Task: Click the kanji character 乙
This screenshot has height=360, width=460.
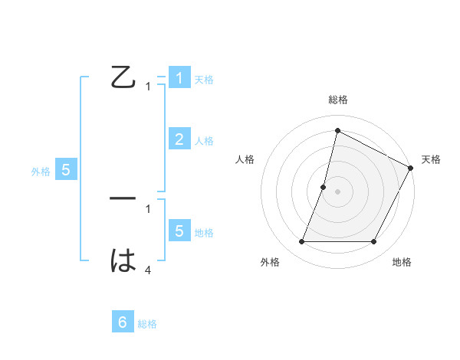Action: click(x=123, y=78)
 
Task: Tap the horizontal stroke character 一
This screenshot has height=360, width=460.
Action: click(x=123, y=199)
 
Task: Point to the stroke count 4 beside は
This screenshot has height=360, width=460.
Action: click(x=148, y=270)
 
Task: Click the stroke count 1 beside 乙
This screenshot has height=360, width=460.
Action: click(x=148, y=87)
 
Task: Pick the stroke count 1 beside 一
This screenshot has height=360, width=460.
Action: click(x=148, y=208)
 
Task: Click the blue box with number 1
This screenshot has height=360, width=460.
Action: click(x=179, y=78)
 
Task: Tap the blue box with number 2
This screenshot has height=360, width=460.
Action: click(x=179, y=139)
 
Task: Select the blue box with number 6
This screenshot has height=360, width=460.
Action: click(x=123, y=322)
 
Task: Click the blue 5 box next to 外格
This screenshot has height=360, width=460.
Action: click(x=66, y=170)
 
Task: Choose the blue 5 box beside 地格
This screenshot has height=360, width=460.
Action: click(x=179, y=231)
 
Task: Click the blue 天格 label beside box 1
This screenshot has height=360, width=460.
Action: click(x=204, y=80)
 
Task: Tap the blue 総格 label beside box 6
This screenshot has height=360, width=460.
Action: click(x=147, y=324)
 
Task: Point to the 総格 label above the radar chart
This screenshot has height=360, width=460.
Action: click(x=337, y=100)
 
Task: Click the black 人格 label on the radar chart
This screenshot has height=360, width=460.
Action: click(x=245, y=159)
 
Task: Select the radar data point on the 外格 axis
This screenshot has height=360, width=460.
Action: click(x=301, y=242)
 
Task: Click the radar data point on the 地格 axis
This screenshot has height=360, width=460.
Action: click(x=374, y=242)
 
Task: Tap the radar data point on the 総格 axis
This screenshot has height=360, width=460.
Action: click(x=337, y=130)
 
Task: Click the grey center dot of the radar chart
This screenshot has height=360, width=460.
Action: click(x=337, y=191)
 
